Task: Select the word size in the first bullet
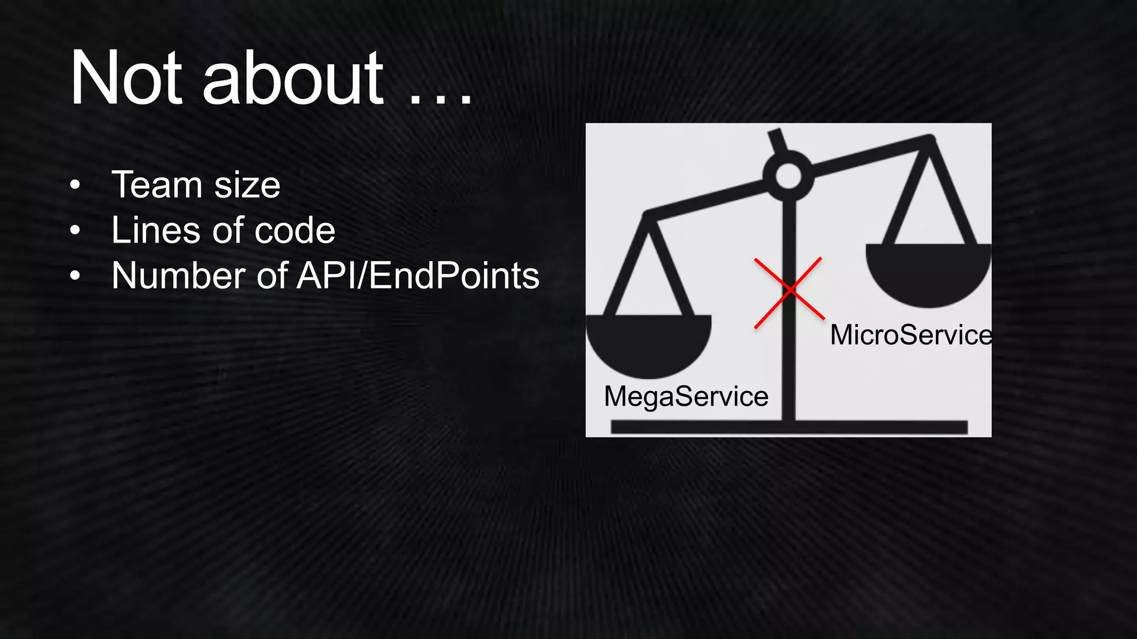click(x=247, y=186)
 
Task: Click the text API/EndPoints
click(x=418, y=276)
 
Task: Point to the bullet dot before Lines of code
click(x=76, y=230)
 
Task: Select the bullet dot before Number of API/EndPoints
click(x=76, y=276)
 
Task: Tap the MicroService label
click(x=910, y=335)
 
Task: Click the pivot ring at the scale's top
click(x=788, y=176)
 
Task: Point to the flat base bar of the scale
click(x=788, y=427)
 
